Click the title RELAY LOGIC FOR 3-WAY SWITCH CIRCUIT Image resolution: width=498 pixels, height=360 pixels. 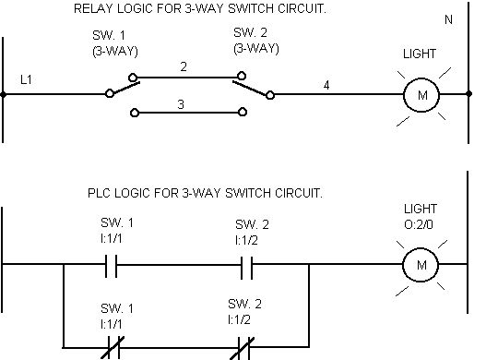click(200, 8)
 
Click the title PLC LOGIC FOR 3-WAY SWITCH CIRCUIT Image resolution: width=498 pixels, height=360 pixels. click(205, 193)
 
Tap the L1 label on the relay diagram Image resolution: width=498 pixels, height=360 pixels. click(26, 79)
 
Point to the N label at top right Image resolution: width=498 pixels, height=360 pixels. click(448, 20)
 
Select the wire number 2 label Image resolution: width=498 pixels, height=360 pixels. click(184, 66)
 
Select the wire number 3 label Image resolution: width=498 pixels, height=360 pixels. click(181, 104)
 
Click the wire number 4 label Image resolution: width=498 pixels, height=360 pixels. click(326, 85)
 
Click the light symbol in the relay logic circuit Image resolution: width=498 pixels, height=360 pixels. click(421, 95)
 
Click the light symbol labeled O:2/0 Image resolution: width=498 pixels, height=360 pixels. click(421, 265)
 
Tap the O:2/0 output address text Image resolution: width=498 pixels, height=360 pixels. click(419, 224)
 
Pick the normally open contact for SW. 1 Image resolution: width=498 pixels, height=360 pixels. click(112, 266)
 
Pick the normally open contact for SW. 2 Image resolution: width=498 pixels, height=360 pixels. click(247, 268)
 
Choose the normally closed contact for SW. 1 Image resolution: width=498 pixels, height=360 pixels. click(113, 348)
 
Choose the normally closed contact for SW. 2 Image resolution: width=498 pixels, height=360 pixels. click(243, 349)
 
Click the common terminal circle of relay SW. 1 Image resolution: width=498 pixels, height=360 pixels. click(110, 93)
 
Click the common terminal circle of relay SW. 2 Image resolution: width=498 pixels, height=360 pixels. click(270, 95)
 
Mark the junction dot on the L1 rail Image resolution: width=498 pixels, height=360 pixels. click(3, 94)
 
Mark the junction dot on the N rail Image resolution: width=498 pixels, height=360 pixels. click(468, 94)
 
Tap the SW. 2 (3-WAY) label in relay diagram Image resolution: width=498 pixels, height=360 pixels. click(256, 41)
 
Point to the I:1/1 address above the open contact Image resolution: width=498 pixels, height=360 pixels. click(112, 238)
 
